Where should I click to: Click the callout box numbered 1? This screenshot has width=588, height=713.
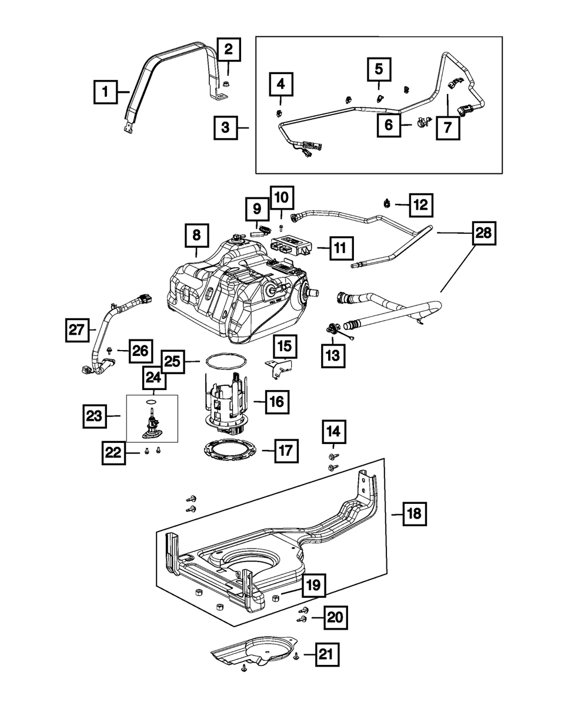[105, 92]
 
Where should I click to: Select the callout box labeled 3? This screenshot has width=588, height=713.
[226, 127]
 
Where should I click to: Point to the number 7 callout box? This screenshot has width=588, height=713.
[448, 127]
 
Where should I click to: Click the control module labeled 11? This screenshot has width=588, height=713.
[292, 247]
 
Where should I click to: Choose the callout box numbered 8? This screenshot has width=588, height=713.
[196, 236]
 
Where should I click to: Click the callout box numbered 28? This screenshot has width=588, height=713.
[484, 233]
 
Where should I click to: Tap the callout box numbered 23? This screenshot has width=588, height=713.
[94, 416]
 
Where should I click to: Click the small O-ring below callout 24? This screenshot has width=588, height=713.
[152, 402]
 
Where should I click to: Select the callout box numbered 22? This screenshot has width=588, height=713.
[113, 453]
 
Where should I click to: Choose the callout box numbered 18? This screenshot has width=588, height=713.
[415, 524]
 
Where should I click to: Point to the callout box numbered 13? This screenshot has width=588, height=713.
[333, 355]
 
